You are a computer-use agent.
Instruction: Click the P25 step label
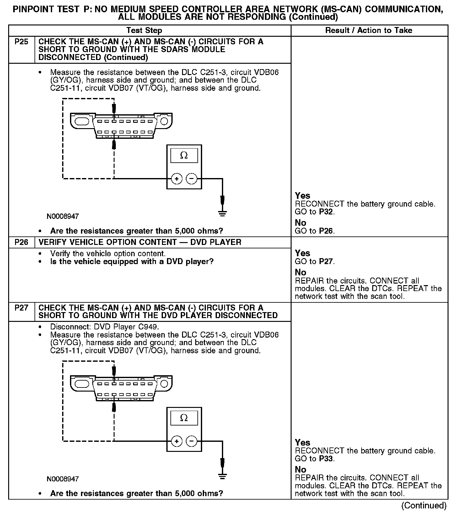pyautogui.click(x=21, y=42)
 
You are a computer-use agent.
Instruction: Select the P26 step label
pyautogui.click(x=21, y=242)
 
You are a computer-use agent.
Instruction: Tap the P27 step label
pyautogui.click(x=21, y=308)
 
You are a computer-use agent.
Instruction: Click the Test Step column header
pyautogui.click(x=144, y=30)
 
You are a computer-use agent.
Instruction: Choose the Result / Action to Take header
pyautogui.click(x=369, y=30)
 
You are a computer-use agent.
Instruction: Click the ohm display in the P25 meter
pyautogui.click(x=184, y=155)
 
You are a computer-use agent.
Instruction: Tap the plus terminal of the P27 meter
pyautogui.click(x=177, y=441)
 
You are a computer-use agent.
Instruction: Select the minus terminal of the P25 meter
pyautogui.click(x=191, y=179)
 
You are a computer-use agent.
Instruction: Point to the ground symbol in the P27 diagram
pyautogui.click(x=222, y=476)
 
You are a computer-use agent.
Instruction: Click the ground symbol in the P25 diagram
pyautogui.click(x=222, y=214)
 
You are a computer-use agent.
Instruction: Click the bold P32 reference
pyautogui.click(x=326, y=212)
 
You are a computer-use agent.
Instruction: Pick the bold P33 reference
pyautogui.click(x=326, y=459)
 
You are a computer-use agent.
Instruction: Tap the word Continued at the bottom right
pyautogui.click(x=424, y=506)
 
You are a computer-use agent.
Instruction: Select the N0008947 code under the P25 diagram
pyautogui.click(x=63, y=216)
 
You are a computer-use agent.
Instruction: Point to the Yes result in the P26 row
pyautogui.click(x=303, y=253)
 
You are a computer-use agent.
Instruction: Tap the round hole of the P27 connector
pyautogui.click(x=164, y=384)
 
